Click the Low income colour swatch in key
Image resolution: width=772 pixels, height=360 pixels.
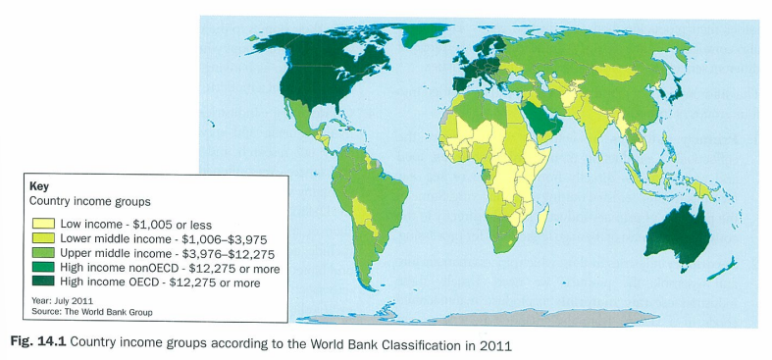coord(44,225)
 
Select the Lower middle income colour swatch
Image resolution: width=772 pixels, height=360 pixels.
coord(44,238)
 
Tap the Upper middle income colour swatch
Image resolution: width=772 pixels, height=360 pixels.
coord(44,253)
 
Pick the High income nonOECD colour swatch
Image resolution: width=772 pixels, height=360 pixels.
coord(44,268)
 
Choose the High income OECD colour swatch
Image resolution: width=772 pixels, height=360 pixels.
coord(44,283)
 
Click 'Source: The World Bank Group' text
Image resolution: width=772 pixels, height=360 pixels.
coord(93,311)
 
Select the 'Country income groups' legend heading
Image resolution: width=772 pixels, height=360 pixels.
coord(89,201)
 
